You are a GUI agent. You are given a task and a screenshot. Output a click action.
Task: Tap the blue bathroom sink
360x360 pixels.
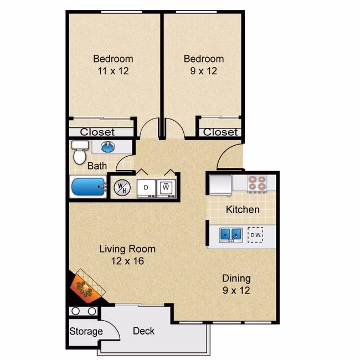pyautogui.click(x=107, y=147)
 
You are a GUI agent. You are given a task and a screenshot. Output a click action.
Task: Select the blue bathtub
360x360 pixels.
pyautogui.click(x=89, y=187)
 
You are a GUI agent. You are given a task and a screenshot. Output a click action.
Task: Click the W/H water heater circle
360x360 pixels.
pyautogui.click(x=122, y=188)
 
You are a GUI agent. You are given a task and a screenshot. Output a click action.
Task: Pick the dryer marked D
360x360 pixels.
pyautogui.click(x=146, y=188)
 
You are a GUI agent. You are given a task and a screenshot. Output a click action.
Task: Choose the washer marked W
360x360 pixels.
pyautogui.click(x=166, y=188)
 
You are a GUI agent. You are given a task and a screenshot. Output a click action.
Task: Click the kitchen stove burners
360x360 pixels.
pyautogui.click(x=256, y=183)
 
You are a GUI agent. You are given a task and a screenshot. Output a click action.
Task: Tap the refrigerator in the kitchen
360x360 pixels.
pyautogui.click(x=220, y=186)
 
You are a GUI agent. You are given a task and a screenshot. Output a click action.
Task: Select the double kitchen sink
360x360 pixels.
pyautogui.click(x=230, y=235)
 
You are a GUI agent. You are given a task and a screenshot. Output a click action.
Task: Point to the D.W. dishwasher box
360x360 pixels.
pyautogui.click(x=255, y=235)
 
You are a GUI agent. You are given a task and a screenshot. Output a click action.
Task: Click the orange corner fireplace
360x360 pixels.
pyautogui.click(x=87, y=287)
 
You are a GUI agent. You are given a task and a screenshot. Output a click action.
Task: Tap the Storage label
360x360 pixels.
pyautogui.click(x=86, y=331)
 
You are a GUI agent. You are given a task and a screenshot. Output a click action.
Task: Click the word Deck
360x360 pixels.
pyautogui.click(x=144, y=331)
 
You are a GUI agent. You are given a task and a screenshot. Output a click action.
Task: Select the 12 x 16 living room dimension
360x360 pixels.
pyautogui.click(x=127, y=261)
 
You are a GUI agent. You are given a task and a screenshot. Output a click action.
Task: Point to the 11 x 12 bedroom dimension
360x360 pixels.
pyautogui.click(x=113, y=71)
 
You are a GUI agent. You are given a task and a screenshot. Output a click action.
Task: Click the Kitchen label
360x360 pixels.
pyautogui.click(x=243, y=209)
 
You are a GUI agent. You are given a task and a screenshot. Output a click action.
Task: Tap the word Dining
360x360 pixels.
pyautogui.click(x=236, y=279)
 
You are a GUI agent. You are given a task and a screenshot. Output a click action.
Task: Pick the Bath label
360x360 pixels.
pyautogui.click(x=97, y=166)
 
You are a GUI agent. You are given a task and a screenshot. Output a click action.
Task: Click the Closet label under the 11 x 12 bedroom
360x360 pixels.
pyautogui.click(x=97, y=132)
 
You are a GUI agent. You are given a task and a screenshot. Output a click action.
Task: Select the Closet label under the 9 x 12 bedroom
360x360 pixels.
pyautogui.click(x=220, y=132)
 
